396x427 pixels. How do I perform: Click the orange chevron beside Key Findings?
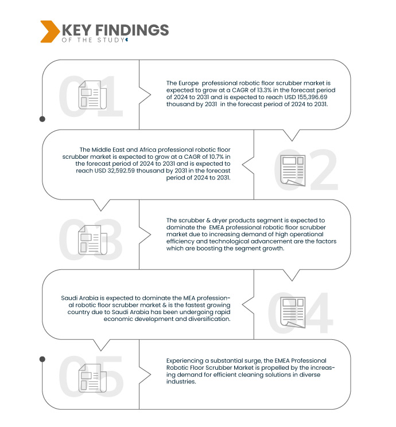tap(49, 32)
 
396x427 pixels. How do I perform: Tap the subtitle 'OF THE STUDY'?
tap(93, 40)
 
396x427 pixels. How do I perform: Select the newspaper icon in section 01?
tap(92, 95)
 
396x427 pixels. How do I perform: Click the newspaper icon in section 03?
tap(92, 240)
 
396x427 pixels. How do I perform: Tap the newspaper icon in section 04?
tap(293, 312)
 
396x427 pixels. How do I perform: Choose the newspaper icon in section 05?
tap(92, 378)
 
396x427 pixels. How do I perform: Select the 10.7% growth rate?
tap(216, 156)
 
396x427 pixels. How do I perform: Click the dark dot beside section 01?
tap(42, 119)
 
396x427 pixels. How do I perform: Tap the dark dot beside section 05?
tap(42, 359)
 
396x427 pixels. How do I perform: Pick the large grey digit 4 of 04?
tap(317, 313)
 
